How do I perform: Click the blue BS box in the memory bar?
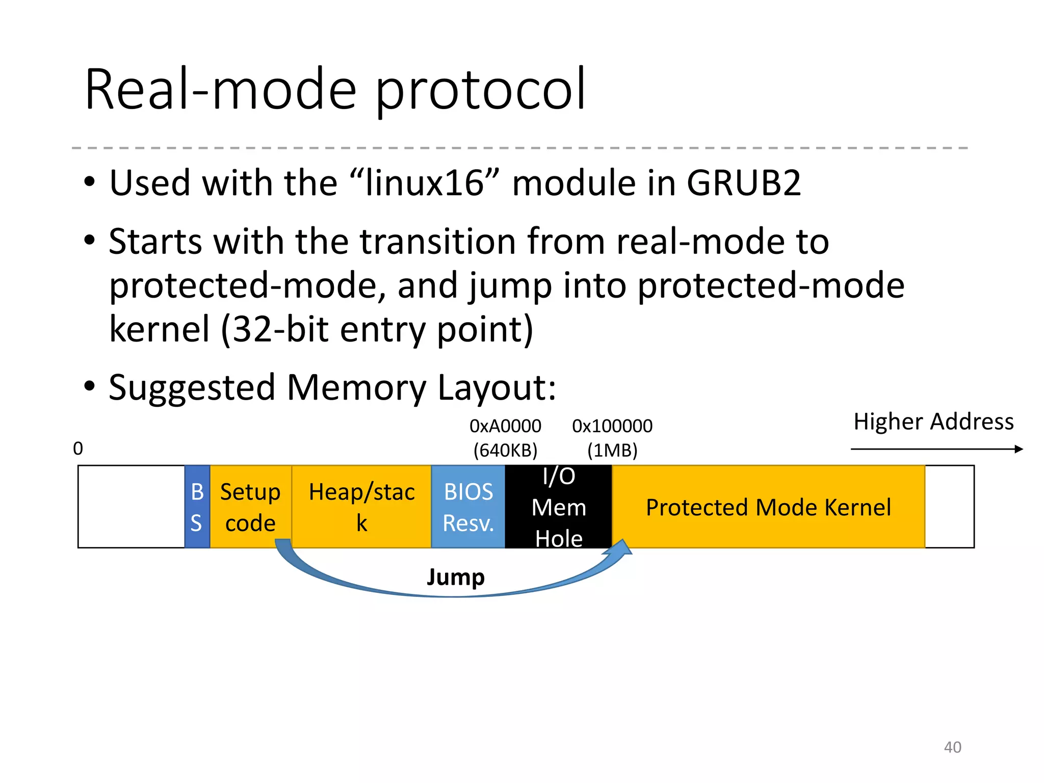coord(197,507)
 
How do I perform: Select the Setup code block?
coord(250,507)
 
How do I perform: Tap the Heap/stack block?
coord(361,507)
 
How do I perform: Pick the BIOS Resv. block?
coord(468,507)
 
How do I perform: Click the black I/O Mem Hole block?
coord(558,507)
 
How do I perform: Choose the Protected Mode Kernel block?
coord(768,507)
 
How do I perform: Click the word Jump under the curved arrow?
coord(455,577)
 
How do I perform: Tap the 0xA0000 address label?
coord(505,426)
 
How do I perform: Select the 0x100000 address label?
coord(612,426)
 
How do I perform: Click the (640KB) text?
coord(505,450)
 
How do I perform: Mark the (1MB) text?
coord(612,450)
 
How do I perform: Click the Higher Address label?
coord(933,422)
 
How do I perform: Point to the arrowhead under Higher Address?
coord(1019,449)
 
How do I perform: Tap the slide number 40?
coord(952,747)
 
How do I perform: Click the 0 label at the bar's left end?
coord(78,449)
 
